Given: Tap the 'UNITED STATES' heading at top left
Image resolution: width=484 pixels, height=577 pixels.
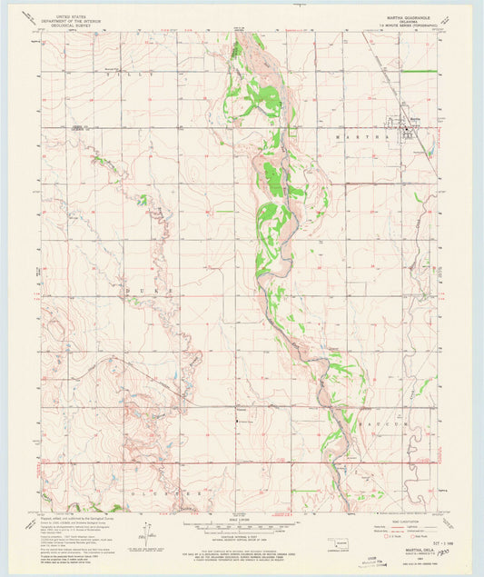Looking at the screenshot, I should pyautogui.click(x=74, y=15).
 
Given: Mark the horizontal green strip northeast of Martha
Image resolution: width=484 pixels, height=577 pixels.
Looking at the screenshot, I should pyautogui.click(x=419, y=71).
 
